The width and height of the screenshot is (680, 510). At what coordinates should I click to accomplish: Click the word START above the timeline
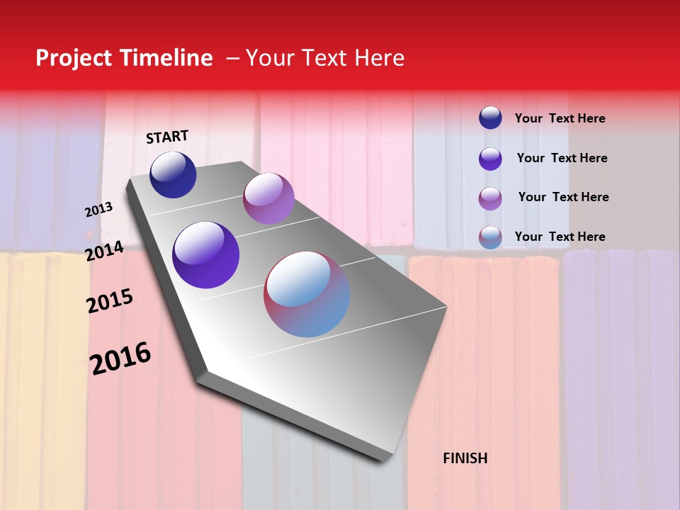click(167, 137)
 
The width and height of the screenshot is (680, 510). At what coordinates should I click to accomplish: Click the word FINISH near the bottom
click(465, 458)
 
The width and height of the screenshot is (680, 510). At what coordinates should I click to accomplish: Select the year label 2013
click(99, 210)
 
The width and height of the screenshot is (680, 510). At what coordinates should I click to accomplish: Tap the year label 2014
click(105, 251)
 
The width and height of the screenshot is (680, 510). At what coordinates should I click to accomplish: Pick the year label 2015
click(110, 301)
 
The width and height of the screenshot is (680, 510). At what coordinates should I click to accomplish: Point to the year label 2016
click(120, 358)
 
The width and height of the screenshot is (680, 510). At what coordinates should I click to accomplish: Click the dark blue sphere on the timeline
click(173, 175)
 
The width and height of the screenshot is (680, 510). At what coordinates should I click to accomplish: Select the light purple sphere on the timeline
click(268, 198)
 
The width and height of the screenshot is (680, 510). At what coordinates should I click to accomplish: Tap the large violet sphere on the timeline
click(206, 255)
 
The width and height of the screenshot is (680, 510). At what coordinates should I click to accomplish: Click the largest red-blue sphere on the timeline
click(307, 294)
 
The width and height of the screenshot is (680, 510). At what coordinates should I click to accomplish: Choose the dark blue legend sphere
click(490, 118)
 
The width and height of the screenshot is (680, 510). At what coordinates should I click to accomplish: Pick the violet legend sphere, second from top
click(490, 159)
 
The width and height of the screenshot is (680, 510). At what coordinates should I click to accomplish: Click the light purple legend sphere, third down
click(490, 198)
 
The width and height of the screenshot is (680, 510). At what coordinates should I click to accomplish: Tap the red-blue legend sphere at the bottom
click(490, 237)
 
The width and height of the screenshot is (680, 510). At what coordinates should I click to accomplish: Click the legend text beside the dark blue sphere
click(560, 119)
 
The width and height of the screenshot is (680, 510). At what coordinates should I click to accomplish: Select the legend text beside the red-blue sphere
click(560, 237)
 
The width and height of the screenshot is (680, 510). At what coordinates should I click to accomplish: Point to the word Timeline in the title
click(168, 58)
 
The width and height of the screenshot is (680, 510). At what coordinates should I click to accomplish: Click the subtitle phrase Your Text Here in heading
click(325, 58)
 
